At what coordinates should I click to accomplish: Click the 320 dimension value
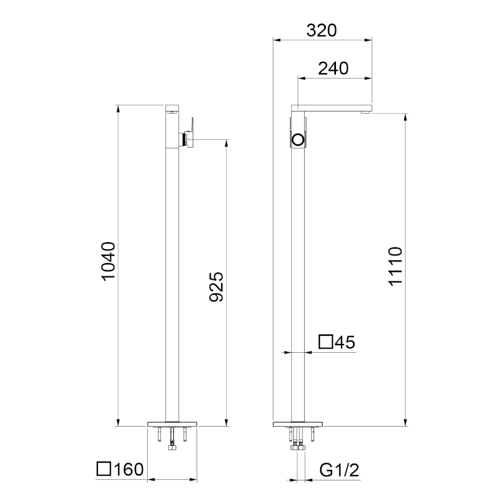tap(321, 31)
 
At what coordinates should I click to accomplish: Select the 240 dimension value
tap(333, 68)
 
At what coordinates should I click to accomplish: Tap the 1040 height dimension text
tap(108, 262)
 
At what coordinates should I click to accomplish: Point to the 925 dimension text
tap(216, 287)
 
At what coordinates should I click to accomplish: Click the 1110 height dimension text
tap(395, 266)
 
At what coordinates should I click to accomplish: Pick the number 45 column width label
tap(345, 342)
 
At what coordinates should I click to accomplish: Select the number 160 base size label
tap(129, 469)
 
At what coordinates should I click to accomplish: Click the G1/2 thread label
tap(339, 470)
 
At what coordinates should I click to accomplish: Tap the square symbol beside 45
tap(325, 342)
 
